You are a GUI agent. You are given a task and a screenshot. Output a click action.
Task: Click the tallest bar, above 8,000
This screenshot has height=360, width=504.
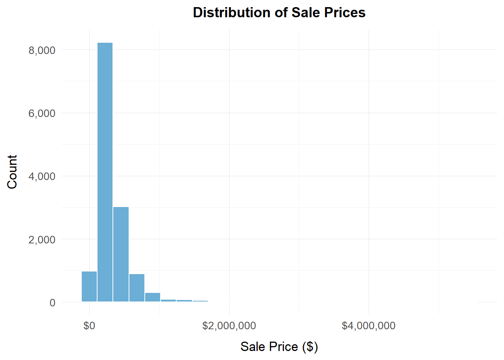[x=105, y=172]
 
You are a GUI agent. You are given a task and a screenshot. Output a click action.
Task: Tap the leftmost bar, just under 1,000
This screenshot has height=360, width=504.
[x=89, y=286]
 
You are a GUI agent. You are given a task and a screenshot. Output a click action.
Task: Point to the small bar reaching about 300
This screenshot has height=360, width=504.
[x=153, y=297]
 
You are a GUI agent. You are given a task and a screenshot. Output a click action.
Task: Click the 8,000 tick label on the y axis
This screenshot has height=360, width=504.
[x=42, y=50]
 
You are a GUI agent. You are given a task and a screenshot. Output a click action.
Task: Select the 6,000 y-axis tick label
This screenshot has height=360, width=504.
[x=42, y=113]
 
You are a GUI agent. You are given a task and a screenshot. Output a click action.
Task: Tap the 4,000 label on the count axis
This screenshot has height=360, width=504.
[x=42, y=176]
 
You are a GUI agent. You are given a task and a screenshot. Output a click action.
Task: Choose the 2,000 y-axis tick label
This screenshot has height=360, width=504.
[x=42, y=240]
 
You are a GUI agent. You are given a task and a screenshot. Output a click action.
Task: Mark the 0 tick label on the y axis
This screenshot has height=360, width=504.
[x=52, y=303]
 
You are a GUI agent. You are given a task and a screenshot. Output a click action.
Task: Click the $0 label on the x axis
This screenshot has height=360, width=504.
[x=89, y=325]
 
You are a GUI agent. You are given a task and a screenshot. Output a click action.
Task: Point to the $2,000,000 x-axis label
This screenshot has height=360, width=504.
[x=229, y=325]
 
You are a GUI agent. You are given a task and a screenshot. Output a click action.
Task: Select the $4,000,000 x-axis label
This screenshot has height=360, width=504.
[x=368, y=325]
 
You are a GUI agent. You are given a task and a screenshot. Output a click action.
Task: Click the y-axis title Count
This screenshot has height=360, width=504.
[x=12, y=172]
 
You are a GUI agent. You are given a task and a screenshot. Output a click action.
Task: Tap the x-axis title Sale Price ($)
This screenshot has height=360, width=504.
[x=279, y=346]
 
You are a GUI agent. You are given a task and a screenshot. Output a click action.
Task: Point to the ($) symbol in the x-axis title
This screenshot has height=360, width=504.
[x=310, y=346]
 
